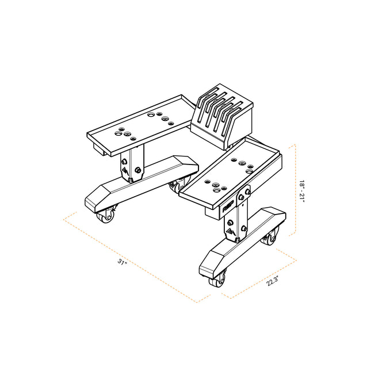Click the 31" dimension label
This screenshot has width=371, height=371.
(122, 262)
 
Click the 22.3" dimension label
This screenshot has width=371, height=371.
(273, 280)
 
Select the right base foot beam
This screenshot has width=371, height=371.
(242, 242)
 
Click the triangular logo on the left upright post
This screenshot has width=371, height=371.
(125, 171)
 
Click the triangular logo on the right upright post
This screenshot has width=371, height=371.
(229, 232)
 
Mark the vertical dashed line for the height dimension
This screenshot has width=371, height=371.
(295, 190)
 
